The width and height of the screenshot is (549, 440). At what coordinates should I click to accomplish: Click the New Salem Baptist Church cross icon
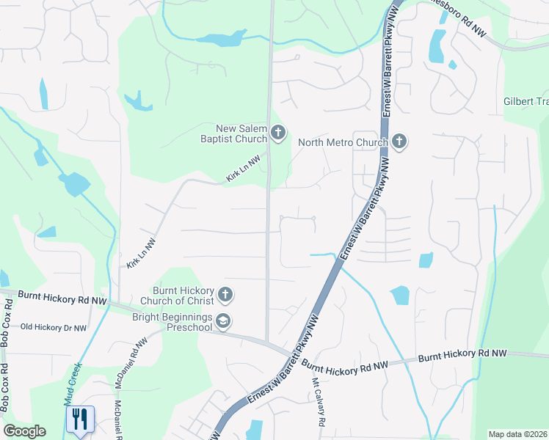click(277, 133)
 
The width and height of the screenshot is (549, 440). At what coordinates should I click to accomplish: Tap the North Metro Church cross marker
click(399, 142)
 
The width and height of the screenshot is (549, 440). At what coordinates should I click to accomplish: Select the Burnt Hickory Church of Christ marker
click(225, 295)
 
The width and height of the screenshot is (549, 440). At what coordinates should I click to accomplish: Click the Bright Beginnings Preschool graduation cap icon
click(224, 321)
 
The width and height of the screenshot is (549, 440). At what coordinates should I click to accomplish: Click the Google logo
click(24, 431)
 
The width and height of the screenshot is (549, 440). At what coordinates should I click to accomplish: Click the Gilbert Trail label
click(526, 101)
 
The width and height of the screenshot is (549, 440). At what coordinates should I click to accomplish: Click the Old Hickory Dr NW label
click(54, 327)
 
